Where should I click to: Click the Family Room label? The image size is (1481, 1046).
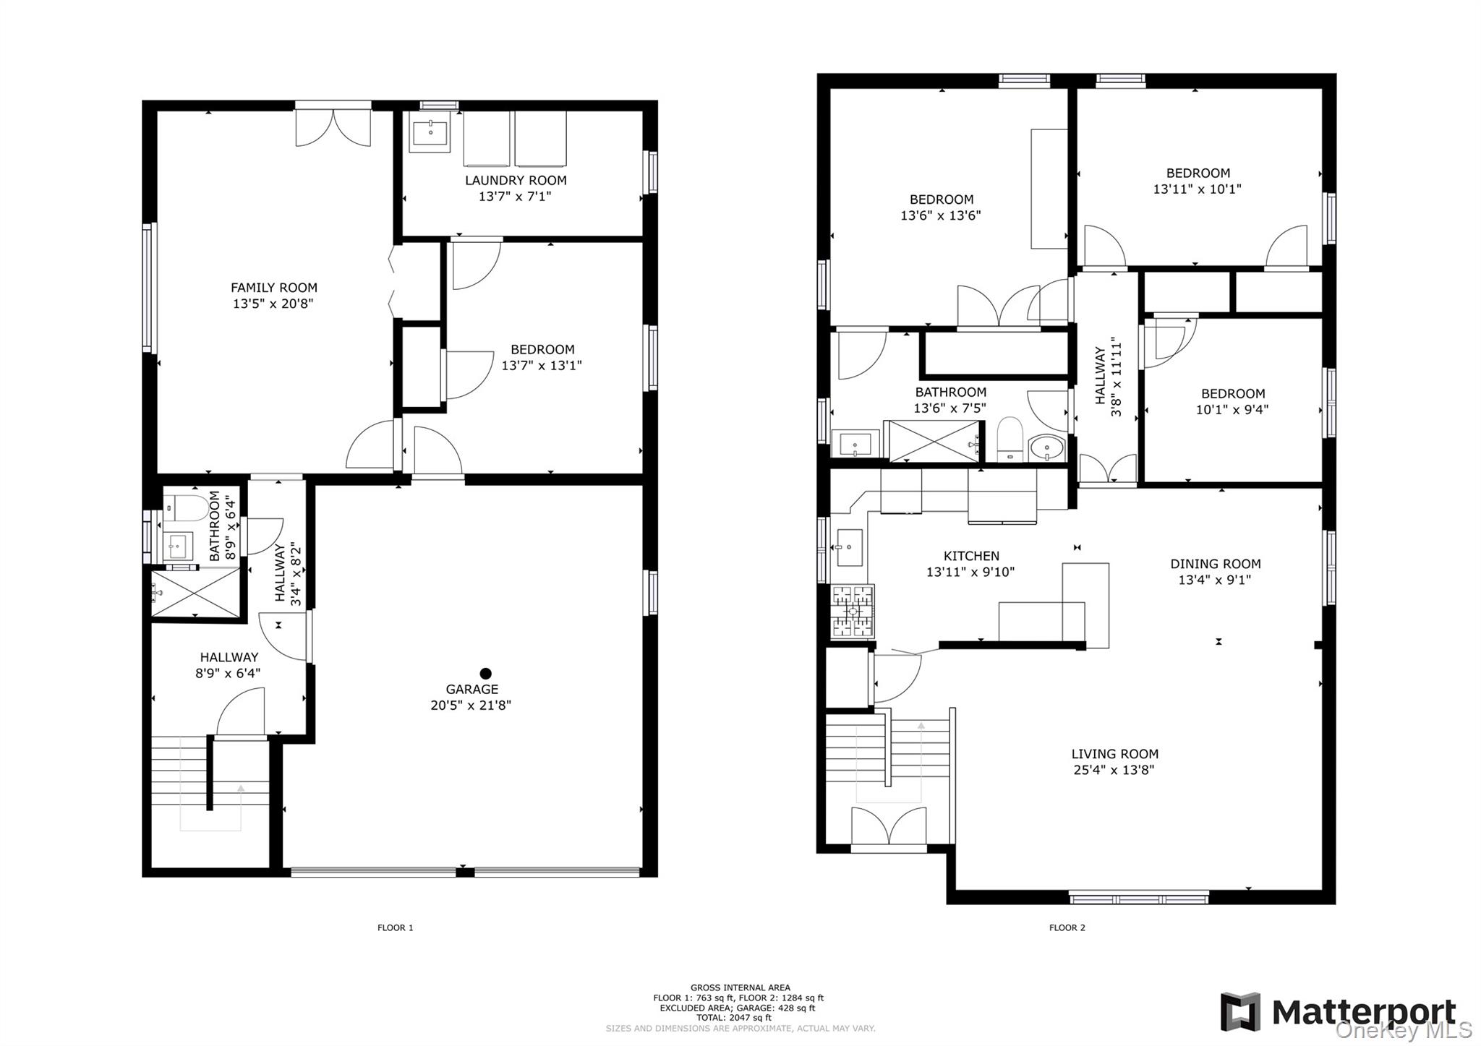[273, 288]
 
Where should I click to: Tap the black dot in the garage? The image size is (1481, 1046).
[485, 673]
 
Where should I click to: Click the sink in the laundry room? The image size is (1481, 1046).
[430, 133]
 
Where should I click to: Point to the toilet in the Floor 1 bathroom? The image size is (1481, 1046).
[185, 508]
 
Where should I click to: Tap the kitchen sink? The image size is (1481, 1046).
[849, 547]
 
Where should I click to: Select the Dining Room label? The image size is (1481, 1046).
[1215, 564]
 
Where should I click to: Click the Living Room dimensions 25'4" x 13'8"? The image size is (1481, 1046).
[1114, 770]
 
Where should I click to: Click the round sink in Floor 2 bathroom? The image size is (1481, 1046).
[1046, 448]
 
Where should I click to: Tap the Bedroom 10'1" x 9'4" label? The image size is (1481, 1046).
[1232, 401]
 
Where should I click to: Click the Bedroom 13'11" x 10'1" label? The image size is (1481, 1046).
[1198, 181]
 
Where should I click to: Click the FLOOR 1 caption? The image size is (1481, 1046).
[395, 927]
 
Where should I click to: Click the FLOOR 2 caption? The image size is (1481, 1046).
[1067, 927]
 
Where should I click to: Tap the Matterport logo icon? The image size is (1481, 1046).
[1240, 1012]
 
